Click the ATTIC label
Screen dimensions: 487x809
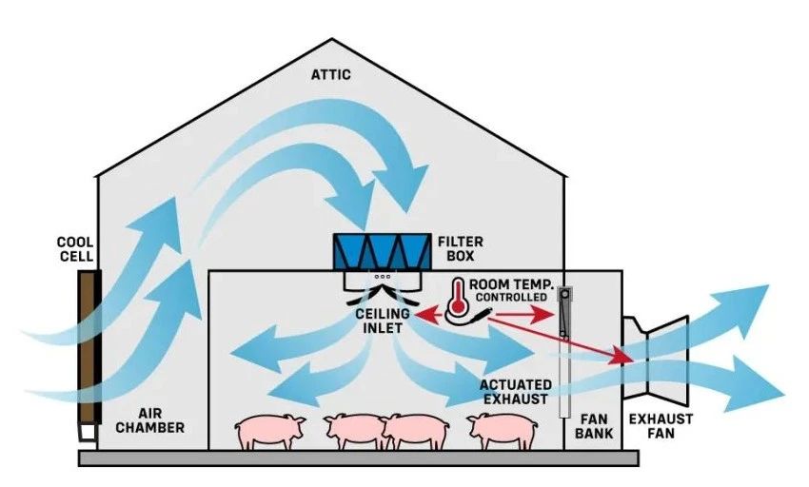[x=330, y=73]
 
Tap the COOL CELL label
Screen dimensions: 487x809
[x=75, y=250]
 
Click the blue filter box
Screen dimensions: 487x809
[x=378, y=251]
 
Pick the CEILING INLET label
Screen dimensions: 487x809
[x=385, y=320]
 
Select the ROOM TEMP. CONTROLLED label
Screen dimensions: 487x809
[x=511, y=289]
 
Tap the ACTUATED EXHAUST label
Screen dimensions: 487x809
[x=514, y=390]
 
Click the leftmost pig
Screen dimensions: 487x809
[x=270, y=431]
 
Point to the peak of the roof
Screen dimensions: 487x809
[x=331, y=40]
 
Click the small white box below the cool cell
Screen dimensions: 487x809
[x=89, y=433]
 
